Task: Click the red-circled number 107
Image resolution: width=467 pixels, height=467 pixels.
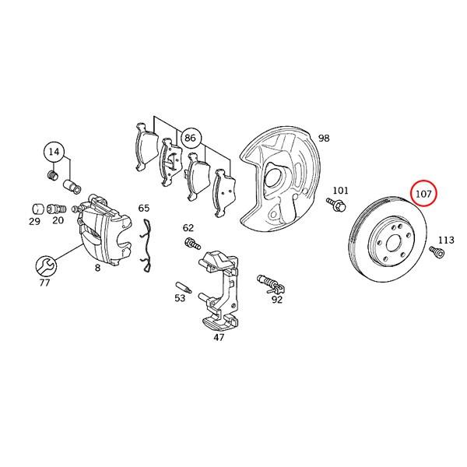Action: (x=423, y=194)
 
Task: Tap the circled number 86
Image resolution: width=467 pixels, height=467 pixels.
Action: (x=191, y=138)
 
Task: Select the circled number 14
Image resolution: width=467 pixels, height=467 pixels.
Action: (x=54, y=152)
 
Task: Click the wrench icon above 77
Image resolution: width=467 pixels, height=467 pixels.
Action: (x=46, y=265)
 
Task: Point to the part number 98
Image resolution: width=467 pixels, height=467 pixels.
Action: (x=324, y=139)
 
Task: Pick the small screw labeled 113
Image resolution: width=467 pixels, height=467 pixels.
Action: (x=437, y=252)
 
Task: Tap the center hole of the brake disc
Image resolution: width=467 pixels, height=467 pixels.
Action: (x=393, y=244)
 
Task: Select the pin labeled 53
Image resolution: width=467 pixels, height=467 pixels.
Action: (x=184, y=286)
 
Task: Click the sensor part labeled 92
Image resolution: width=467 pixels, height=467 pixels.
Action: (x=270, y=284)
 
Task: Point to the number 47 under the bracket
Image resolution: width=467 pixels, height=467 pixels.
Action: (x=219, y=338)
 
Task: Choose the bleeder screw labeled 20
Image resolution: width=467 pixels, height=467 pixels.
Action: (x=56, y=209)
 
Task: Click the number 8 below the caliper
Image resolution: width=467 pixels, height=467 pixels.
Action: (x=97, y=268)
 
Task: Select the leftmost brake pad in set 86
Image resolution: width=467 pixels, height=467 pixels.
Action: (x=146, y=147)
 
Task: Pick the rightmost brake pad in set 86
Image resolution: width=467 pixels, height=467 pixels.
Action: (x=224, y=193)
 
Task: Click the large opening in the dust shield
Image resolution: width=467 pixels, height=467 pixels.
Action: (x=273, y=175)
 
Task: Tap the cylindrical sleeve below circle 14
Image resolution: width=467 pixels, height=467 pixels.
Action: (x=72, y=186)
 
